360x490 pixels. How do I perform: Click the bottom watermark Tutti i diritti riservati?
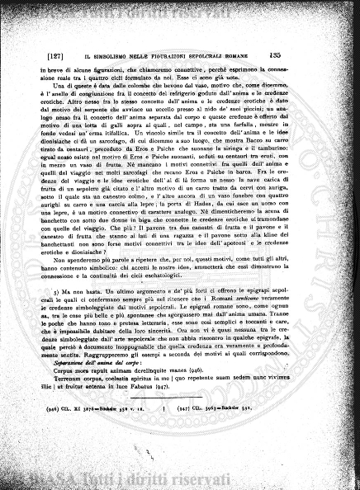point(179,481)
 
